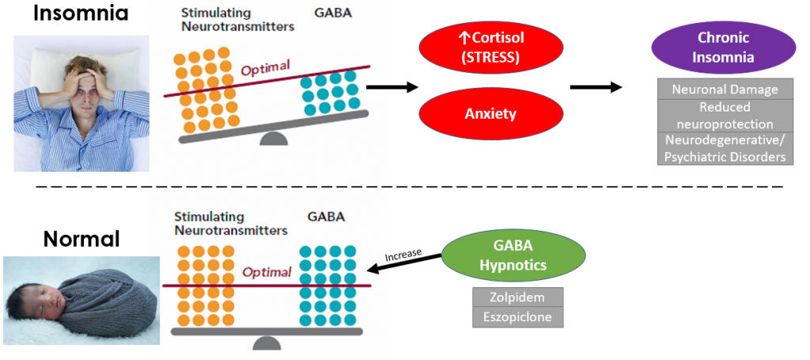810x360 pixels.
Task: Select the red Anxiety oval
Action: coord(490,114)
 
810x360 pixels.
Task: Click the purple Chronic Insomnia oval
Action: coord(724,47)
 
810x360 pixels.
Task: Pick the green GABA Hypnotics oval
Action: coord(513,256)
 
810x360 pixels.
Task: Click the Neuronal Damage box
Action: coord(725,89)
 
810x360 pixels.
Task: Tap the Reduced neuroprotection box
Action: coord(725,115)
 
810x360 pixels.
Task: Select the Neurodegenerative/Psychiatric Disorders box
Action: coord(725,148)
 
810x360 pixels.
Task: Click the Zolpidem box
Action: coord(518,297)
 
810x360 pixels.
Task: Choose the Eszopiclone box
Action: coord(518,317)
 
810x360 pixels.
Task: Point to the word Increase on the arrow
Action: coord(403,256)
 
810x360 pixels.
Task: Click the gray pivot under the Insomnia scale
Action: coord(274,139)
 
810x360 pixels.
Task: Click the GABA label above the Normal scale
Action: coord(326,216)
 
